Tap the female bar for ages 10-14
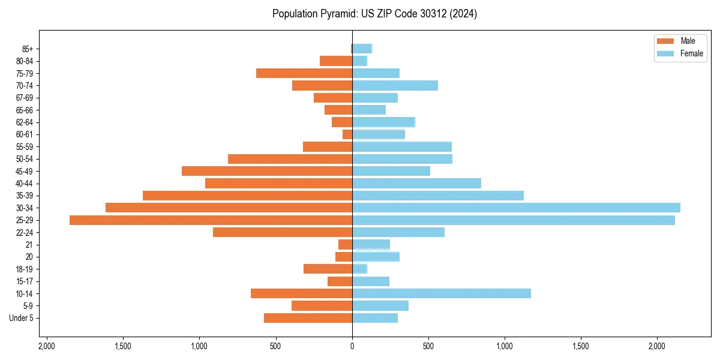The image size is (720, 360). pos(441,293)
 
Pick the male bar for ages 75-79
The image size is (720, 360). pos(304,73)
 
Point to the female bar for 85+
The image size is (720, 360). pos(362,49)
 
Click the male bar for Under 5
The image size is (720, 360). pos(308,318)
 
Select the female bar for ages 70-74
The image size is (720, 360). pos(395,85)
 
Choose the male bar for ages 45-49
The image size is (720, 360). pos(267,171)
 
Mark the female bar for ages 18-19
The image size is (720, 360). pos(359,269)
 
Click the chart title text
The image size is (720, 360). pos(374,14)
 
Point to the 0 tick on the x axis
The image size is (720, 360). pos(352,346)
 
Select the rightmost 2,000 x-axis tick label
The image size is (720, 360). pos(657,346)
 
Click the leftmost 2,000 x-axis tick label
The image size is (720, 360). pos(47,346)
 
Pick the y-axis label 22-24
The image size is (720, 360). pos(25,232)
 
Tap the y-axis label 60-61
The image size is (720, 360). pos(25,134)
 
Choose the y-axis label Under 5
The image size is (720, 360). pos(22,318)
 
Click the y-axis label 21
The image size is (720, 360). pos(29,245)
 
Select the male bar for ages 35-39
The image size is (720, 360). pos(247,196)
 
